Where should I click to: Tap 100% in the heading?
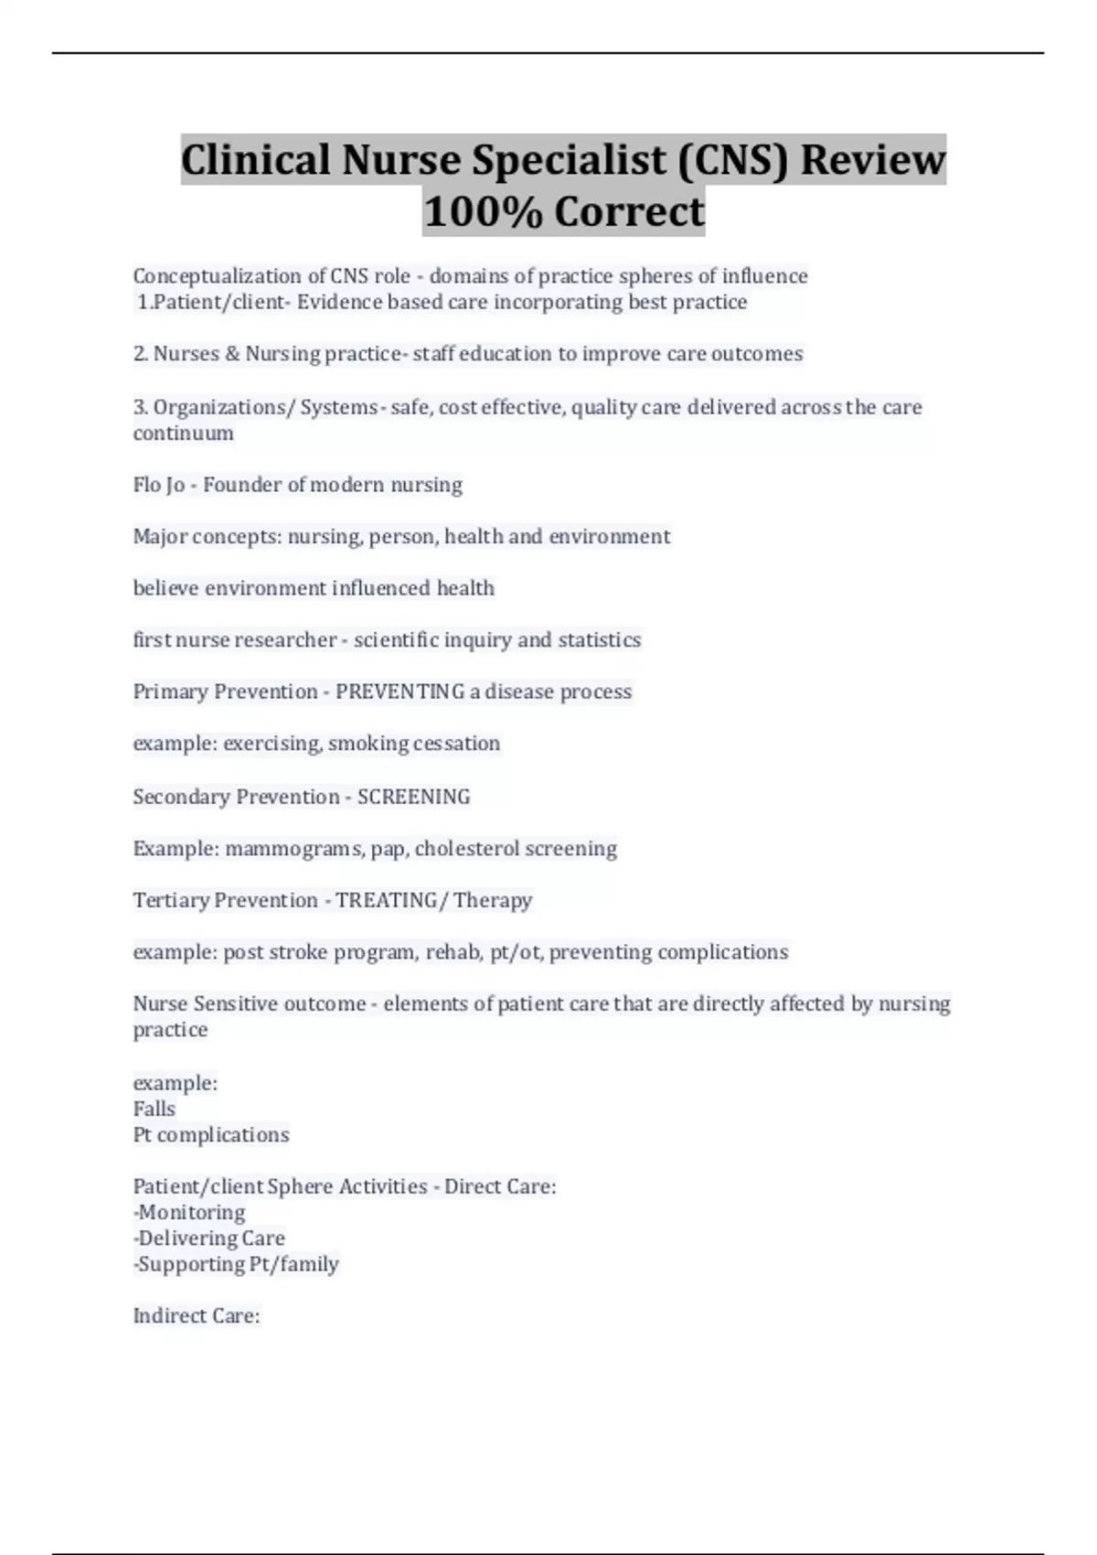click(482, 211)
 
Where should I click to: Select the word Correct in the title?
click(630, 211)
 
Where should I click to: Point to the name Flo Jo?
click(159, 485)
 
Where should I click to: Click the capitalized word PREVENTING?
click(399, 692)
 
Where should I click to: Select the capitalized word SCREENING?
click(413, 797)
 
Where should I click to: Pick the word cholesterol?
click(467, 849)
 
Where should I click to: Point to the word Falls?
click(154, 1109)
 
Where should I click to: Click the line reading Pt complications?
click(211, 1135)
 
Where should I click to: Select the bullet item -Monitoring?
click(189, 1213)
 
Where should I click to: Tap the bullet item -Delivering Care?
click(209, 1239)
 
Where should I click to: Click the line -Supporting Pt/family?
click(236, 1264)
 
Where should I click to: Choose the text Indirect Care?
click(197, 1316)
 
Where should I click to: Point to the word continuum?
click(183, 434)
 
